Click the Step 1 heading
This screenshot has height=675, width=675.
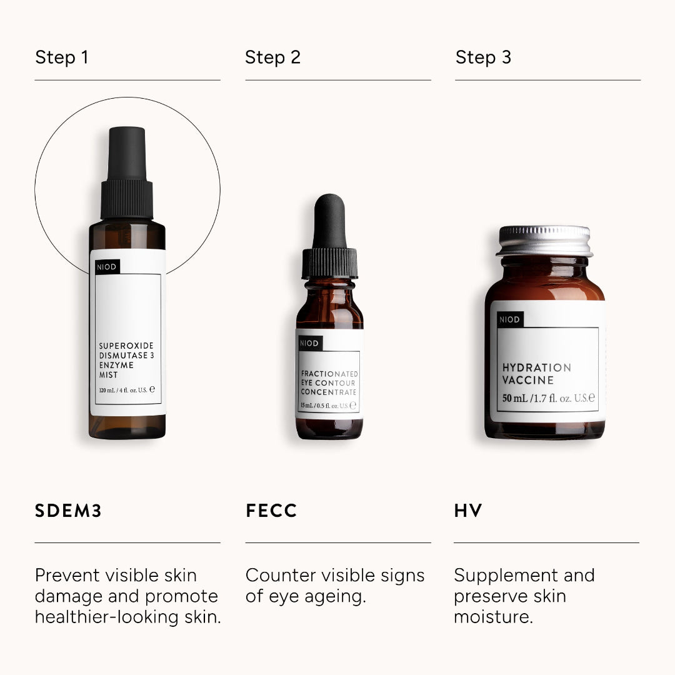click(62, 57)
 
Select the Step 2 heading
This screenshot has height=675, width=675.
click(272, 57)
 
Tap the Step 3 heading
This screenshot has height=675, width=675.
click(483, 57)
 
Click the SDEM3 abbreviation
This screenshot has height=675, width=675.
click(68, 511)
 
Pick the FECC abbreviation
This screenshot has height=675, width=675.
click(271, 511)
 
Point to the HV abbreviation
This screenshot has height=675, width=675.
click(468, 511)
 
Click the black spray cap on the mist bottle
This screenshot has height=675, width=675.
click(127, 175)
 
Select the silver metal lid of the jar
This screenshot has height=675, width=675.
click(545, 241)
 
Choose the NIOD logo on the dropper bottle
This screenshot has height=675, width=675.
click(309, 343)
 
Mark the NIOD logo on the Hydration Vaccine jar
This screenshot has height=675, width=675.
click(509, 320)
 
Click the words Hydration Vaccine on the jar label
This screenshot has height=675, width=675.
click(536, 374)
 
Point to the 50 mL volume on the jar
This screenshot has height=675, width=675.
click(514, 399)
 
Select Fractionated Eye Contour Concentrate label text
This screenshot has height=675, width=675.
click(329, 382)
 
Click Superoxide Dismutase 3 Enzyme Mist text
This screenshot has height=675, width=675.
click(126, 360)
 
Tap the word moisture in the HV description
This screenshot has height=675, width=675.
click(492, 617)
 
